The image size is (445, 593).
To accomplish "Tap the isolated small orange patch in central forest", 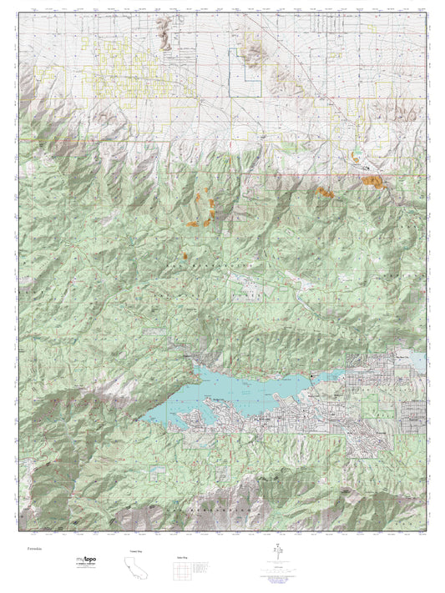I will coord(184,257).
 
